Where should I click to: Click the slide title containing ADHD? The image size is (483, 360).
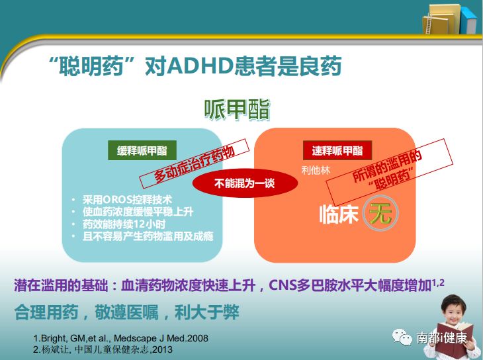point(195,67)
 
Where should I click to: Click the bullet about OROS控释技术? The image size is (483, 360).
point(126,199)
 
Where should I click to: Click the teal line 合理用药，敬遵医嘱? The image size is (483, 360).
point(126,312)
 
